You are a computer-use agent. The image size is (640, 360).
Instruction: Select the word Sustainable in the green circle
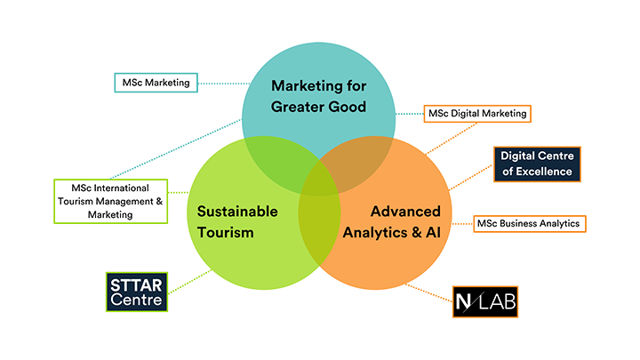237,212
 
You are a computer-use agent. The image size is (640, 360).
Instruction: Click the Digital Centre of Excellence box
536,164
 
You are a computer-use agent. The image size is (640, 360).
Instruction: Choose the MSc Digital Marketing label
477,113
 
